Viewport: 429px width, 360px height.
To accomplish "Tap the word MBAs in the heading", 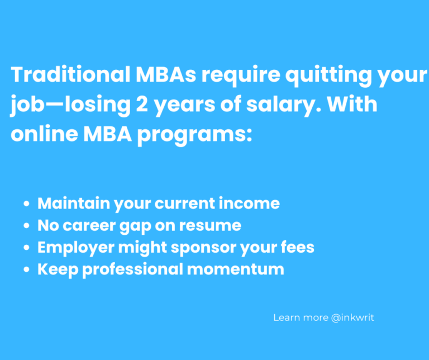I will click(164, 75).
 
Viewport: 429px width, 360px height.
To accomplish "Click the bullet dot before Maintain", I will click(27, 204).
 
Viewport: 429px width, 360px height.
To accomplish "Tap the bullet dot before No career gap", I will click(27, 226).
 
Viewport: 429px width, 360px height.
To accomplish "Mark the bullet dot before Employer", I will click(27, 248).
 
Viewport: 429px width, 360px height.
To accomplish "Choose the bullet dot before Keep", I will click(27, 269).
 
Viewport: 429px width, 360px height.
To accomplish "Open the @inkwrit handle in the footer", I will click(352, 318).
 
